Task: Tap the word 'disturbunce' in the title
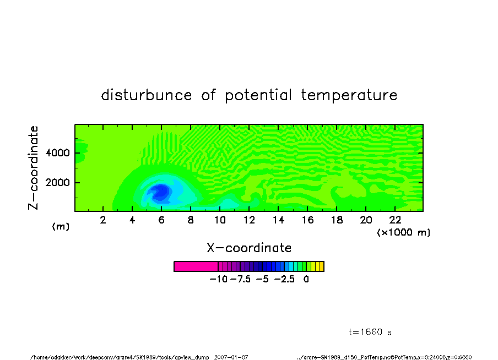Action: point(147,95)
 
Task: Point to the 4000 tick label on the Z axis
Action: point(57,153)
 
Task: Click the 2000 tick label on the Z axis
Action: point(57,183)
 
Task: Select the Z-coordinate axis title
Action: point(34,168)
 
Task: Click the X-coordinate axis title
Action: point(249,248)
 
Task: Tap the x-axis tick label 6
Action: point(161,220)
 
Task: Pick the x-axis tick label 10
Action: point(220,220)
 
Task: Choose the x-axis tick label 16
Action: point(307,220)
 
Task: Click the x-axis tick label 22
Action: point(395,220)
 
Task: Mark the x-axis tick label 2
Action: point(103,220)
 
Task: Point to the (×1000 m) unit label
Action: point(404,232)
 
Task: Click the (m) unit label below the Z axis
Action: point(61,226)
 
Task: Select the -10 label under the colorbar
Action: point(219,280)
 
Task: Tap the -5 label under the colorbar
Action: point(262,280)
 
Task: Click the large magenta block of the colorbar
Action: point(196,266)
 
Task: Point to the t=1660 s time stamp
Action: point(370,332)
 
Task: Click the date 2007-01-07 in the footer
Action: point(231,357)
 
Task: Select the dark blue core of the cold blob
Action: point(161,192)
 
